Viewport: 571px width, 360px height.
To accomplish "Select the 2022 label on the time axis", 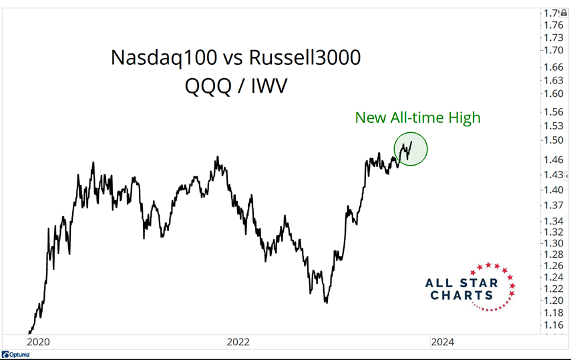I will [x=238, y=342].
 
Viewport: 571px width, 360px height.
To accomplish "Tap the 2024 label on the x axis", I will [x=442, y=342].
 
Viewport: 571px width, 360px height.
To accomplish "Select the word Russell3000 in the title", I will [x=305, y=58].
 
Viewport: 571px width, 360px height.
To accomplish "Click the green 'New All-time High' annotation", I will [x=417, y=118].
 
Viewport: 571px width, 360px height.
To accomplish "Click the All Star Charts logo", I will [x=471, y=287].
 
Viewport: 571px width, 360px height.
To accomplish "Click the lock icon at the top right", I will [x=564, y=13].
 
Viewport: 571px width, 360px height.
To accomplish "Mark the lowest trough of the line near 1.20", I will [x=326, y=303].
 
